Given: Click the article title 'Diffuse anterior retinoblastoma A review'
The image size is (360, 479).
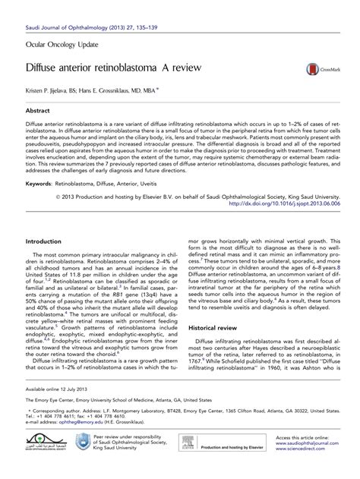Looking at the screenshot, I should click(x=115, y=68).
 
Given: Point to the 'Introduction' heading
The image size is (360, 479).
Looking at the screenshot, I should click(x=47, y=241).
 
